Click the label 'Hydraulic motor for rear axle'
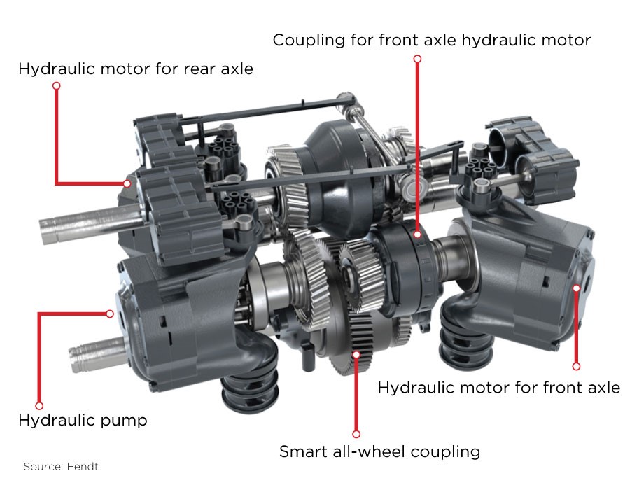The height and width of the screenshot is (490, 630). coord(136,69)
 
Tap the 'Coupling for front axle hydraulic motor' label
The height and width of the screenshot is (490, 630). coord(431,40)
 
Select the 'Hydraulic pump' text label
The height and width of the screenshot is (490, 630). coord(83,421)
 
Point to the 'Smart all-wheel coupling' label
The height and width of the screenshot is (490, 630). coord(379,451)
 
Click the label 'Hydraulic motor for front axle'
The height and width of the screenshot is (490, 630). coord(498,388)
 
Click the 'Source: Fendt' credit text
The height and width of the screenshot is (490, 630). coord(61,467)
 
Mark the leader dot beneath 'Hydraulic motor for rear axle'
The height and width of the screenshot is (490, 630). coord(57,85)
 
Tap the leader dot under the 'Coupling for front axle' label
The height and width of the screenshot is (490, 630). coord(417,59)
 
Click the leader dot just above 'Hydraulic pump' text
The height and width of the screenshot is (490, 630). coord(39,406)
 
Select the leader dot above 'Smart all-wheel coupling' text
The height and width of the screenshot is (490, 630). coord(356,434)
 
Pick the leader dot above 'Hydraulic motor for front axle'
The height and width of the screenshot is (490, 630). coord(576,366)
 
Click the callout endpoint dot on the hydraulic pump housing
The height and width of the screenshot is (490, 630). coord(110,314)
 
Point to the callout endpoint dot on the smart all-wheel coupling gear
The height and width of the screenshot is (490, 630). coord(356,354)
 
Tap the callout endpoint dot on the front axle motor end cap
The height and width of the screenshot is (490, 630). coord(576,288)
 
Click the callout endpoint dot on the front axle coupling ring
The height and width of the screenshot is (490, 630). coord(417,234)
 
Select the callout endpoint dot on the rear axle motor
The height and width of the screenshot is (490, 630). coord(127,183)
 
